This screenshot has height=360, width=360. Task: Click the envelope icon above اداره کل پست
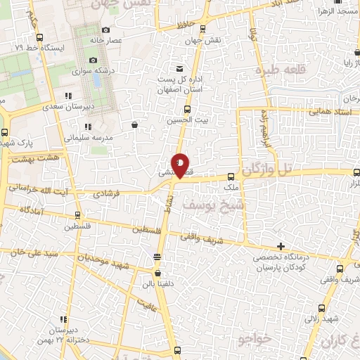(x=180, y=68)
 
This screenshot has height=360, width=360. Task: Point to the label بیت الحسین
(x=187, y=120)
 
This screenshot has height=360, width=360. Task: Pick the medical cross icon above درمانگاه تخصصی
(x=281, y=246)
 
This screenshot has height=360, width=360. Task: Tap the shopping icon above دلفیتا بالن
(x=157, y=274)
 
